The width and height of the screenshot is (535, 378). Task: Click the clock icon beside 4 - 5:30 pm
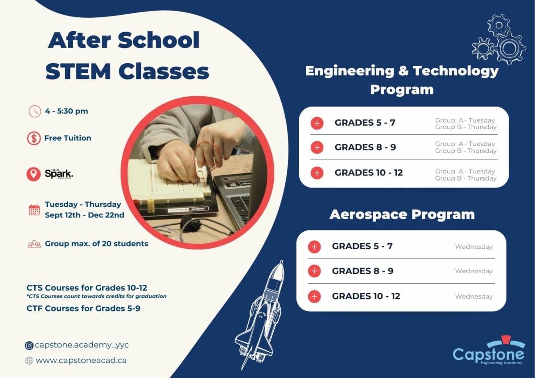tap(35, 111)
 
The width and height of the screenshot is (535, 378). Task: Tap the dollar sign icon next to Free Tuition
tap(33, 138)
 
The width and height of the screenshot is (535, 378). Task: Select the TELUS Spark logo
tap(58, 174)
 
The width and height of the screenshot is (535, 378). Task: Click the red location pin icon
tap(33, 174)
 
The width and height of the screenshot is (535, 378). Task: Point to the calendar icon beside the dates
tap(34, 210)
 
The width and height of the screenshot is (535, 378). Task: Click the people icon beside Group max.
tap(34, 244)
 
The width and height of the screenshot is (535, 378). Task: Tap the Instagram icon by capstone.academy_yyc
tap(29, 345)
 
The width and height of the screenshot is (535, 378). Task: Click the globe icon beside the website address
tap(29, 361)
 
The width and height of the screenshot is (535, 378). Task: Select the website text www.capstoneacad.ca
tap(81, 360)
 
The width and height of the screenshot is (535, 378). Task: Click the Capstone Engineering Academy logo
tap(489, 353)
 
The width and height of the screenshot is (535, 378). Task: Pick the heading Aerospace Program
tap(402, 214)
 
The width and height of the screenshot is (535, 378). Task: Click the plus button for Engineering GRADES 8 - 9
tap(317, 148)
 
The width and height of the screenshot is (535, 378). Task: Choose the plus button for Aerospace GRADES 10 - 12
tap(314, 296)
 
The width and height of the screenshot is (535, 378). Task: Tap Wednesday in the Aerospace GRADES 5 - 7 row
tap(473, 247)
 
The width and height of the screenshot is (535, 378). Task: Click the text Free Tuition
tap(68, 138)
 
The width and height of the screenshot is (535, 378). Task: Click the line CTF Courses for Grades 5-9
tap(83, 308)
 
